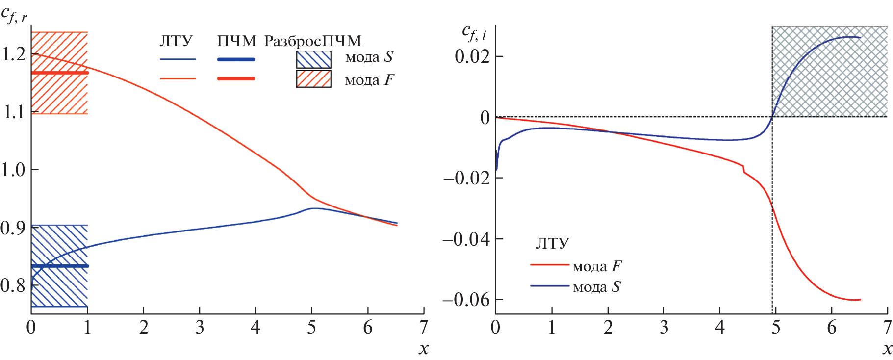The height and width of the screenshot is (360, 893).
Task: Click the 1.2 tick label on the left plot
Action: pyautogui.click(x=14, y=54)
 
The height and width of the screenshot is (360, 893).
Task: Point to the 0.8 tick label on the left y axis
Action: pyautogui.click(x=13, y=285)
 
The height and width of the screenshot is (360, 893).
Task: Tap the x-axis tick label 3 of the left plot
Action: pyautogui.click(x=200, y=327)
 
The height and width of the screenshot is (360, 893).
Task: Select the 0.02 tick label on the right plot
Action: pyautogui.click(x=472, y=56)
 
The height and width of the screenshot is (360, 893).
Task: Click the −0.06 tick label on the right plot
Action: pyautogui.click(x=466, y=299)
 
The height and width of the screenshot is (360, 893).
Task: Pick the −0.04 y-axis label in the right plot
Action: pyautogui.click(x=466, y=239)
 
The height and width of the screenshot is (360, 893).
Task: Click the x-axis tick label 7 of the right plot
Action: pyautogui.click(x=887, y=327)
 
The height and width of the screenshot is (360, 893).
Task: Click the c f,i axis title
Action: pyautogui.click(x=474, y=33)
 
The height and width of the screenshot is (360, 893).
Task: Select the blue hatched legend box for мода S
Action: pyautogui.click(x=313, y=59)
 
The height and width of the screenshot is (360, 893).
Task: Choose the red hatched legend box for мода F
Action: pyautogui.click(x=313, y=78)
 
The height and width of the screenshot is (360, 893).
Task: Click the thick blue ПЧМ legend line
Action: pyautogui.click(x=236, y=59)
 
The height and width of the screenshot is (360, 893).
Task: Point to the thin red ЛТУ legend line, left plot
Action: pyautogui.click(x=178, y=78)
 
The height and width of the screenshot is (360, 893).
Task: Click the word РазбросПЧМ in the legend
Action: pyautogui.click(x=312, y=41)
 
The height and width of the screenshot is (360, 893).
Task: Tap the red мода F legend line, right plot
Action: pyautogui.click(x=549, y=265)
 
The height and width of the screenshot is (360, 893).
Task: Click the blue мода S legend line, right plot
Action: pyautogui.click(x=549, y=286)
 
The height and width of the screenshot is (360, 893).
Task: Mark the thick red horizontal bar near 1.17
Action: pyautogui.click(x=60, y=73)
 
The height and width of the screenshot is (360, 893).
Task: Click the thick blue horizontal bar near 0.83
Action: pyautogui.click(x=60, y=266)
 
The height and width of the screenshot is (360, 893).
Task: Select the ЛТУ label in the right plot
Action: pyautogui.click(x=552, y=244)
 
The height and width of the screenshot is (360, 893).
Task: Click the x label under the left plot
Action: pyautogui.click(x=423, y=349)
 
